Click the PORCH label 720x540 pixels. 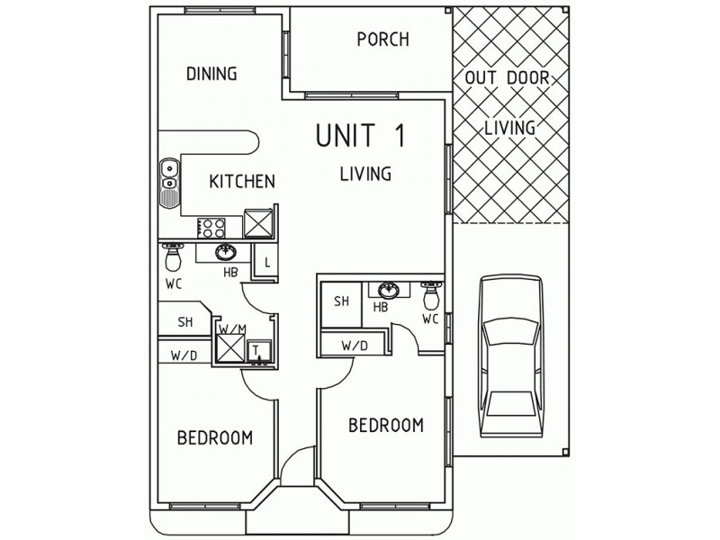pyautogui.click(x=382, y=40)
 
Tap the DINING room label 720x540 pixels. pyautogui.click(x=211, y=74)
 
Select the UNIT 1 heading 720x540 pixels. pyautogui.click(x=361, y=135)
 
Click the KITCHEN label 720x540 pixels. pyautogui.click(x=241, y=182)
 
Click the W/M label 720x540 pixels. pyautogui.click(x=231, y=330)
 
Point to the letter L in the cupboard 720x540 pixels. pyautogui.click(x=267, y=264)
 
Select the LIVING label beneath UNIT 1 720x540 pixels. pyautogui.click(x=364, y=174)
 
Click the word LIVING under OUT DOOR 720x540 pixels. pyautogui.click(x=509, y=127)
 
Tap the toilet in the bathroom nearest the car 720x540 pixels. pyautogui.click(x=431, y=294)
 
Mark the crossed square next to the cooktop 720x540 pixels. pyautogui.click(x=259, y=220)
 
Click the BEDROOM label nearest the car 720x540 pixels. pyautogui.click(x=386, y=425)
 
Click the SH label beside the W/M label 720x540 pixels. pyautogui.click(x=184, y=322)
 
